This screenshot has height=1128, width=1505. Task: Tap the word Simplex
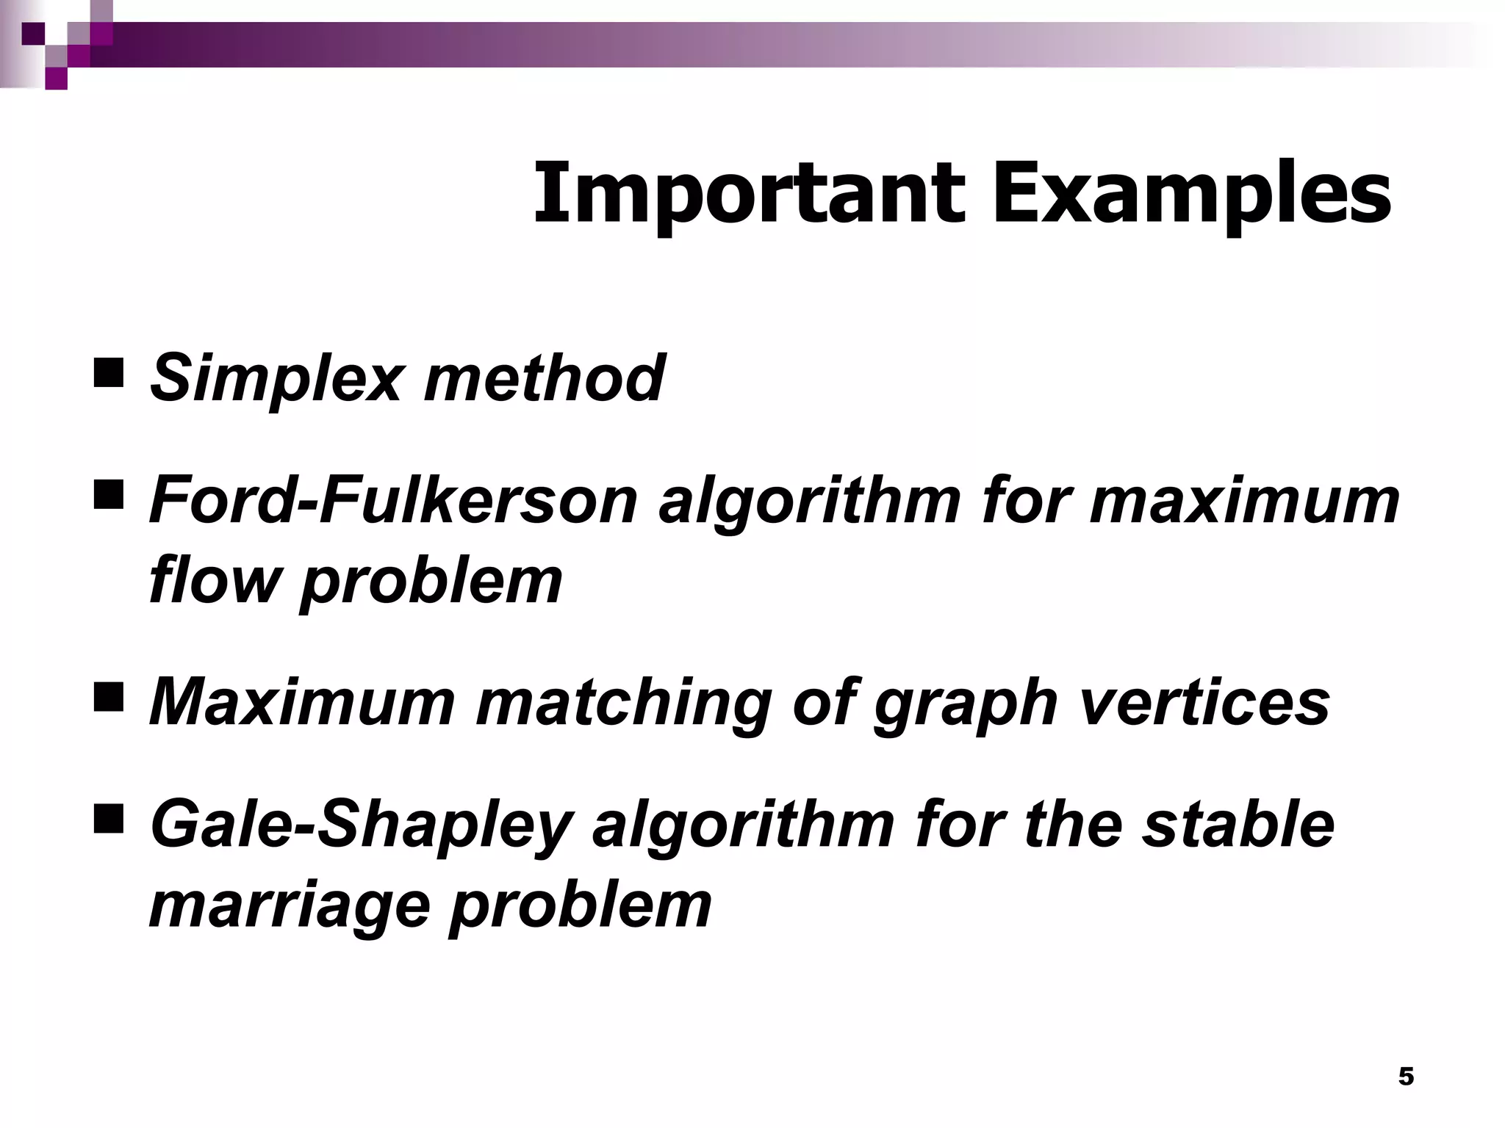pos(275,378)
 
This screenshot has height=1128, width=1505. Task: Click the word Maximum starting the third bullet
pos(302,702)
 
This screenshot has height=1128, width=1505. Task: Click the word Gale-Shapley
pos(360,827)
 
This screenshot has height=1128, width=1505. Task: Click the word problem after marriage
pos(580,905)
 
